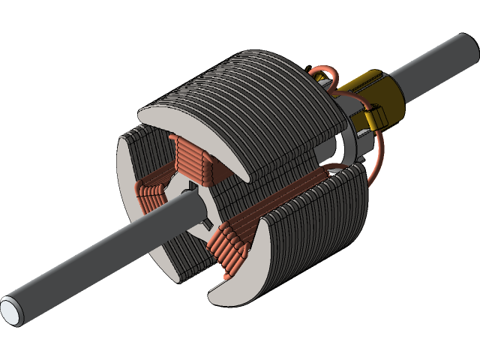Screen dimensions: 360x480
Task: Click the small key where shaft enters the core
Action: (x=205, y=223)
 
